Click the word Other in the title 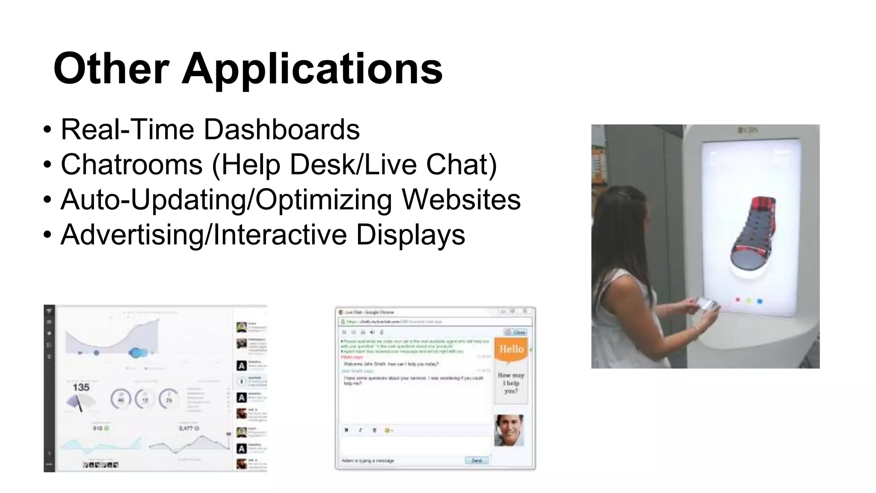point(111,68)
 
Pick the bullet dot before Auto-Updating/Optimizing point(47,200)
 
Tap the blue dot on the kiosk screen point(760,301)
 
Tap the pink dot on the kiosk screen point(737,300)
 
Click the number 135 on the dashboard point(81,388)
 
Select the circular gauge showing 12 point(145,400)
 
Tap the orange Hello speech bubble point(511,350)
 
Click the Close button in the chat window point(516,332)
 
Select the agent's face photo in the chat point(509,430)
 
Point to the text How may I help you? point(511,383)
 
